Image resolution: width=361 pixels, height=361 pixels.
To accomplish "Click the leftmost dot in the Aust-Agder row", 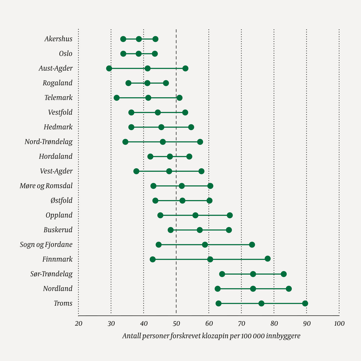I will tap(109, 68).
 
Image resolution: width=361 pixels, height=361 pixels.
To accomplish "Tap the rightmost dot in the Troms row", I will tap(305, 303).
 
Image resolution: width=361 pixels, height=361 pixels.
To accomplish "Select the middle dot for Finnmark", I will tap(210, 259).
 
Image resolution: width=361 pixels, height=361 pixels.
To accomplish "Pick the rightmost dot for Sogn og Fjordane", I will tap(252, 245).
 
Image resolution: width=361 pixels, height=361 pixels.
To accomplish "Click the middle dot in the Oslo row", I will tap(139, 54).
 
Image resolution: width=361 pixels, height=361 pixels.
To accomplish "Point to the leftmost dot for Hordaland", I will tap(150, 157).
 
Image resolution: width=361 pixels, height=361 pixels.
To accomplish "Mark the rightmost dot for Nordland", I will tap(289, 289).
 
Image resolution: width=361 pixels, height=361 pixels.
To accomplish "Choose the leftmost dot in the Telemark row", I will tap(117, 98).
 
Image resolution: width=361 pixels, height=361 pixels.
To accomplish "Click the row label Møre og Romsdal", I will tap(46, 186).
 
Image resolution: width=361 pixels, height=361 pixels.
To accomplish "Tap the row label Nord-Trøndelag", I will tap(49, 142).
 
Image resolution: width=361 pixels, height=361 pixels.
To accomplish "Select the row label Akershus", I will tap(58, 39).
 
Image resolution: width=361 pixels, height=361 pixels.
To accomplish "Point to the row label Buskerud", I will tap(58, 230).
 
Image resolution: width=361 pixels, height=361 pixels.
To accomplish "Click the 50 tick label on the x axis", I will tap(176, 324).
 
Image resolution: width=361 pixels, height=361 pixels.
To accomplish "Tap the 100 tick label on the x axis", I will tap(339, 324).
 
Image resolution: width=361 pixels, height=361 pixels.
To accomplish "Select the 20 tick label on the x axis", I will tap(79, 324).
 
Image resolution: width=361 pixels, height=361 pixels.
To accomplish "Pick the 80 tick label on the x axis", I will tap(274, 324).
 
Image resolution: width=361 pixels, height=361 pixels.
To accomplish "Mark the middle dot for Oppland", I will tap(195, 215).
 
